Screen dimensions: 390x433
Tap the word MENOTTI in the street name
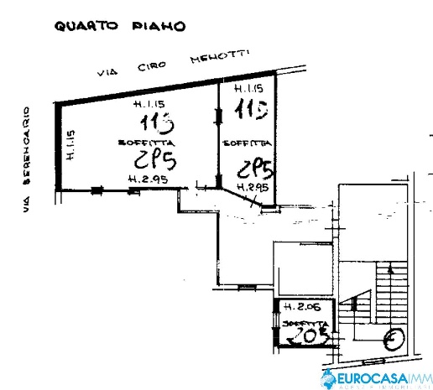[x=221, y=60]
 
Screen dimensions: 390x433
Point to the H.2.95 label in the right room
[x=252, y=188]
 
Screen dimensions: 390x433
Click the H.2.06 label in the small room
[x=299, y=307]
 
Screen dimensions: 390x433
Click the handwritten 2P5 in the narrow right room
[x=256, y=168]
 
